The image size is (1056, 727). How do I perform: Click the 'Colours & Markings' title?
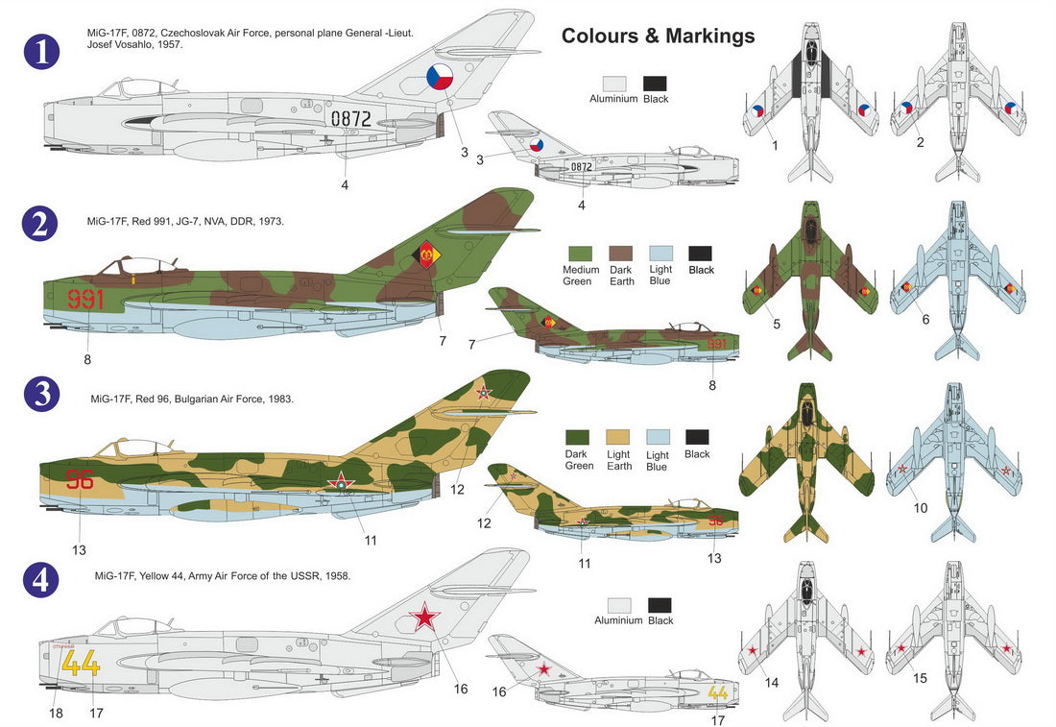point(658,36)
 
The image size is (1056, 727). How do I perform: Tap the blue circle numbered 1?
point(40,53)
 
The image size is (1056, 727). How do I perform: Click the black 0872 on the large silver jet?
point(350,118)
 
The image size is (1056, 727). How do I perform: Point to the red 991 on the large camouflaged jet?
point(85,300)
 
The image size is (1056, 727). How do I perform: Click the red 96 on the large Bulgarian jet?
point(80,480)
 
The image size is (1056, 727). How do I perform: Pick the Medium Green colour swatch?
point(580,253)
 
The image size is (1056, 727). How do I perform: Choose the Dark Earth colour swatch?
point(620,253)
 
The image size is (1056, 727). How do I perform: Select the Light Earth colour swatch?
point(619,438)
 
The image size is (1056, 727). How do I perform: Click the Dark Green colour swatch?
point(579,438)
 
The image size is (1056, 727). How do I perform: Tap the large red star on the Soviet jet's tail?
point(425,615)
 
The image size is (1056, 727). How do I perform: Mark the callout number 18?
point(57,713)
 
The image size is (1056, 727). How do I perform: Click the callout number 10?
point(921,507)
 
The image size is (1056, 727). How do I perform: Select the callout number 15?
point(920,678)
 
